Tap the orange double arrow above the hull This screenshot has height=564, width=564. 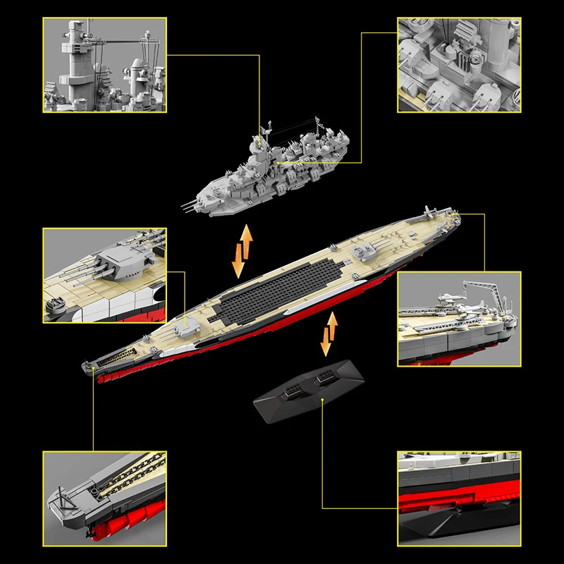[x=242, y=252]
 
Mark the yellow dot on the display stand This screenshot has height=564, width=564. [x=322, y=398]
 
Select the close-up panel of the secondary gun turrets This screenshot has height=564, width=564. [x=459, y=65]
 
